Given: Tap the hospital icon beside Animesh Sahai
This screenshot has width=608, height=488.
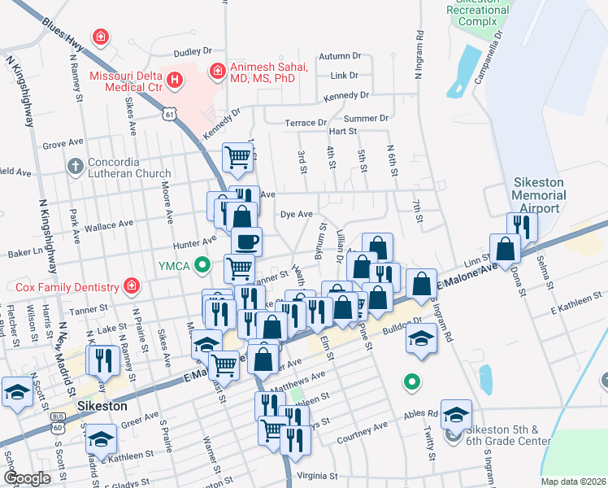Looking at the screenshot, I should (x=217, y=72).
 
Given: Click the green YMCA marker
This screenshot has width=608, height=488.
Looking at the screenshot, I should (x=205, y=264).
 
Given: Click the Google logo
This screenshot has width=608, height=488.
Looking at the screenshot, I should (x=28, y=477).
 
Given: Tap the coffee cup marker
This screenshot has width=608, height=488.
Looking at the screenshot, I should (x=246, y=241).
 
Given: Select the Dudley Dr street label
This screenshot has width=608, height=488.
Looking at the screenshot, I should (x=180, y=51).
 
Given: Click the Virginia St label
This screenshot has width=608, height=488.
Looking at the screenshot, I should (x=316, y=475).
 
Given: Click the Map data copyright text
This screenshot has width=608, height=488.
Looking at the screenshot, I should (x=572, y=481).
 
